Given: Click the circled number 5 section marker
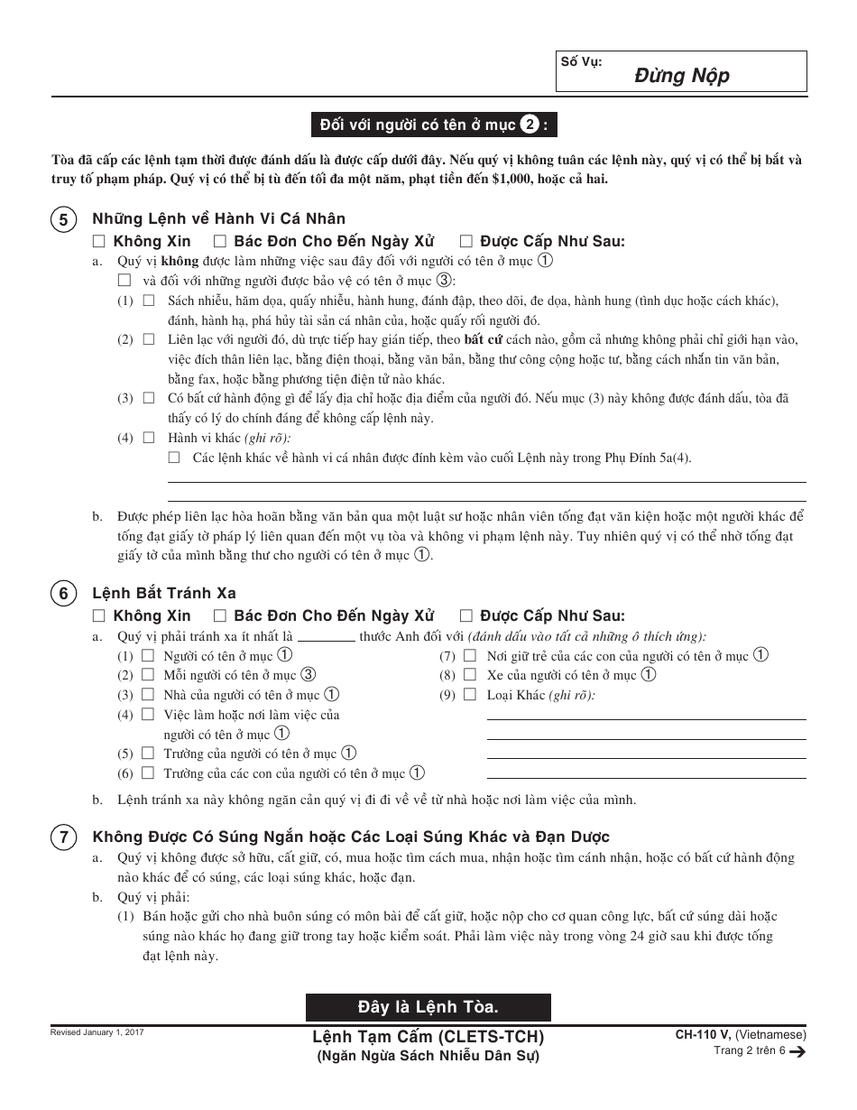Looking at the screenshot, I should (63, 220).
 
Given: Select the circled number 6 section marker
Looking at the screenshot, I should (63, 594).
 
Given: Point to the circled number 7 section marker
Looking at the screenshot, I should (63, 837).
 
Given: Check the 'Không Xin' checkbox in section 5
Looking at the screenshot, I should (99, 241).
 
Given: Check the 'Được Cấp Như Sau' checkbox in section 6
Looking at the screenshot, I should (466, 616).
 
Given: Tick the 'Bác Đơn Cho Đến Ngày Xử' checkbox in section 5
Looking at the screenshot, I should (219, 241).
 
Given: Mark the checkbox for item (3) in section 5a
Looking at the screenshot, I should (149, 398).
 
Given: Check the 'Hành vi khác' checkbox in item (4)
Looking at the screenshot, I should (149, 438).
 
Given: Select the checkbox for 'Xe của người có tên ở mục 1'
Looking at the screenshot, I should (470, 675).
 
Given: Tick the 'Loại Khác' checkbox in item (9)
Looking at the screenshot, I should (470, 695).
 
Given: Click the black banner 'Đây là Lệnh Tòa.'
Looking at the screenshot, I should (428, 1006).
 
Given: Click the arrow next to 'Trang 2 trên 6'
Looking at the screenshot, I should (797, 1050).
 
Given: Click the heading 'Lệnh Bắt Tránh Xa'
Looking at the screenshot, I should (164, 593).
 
